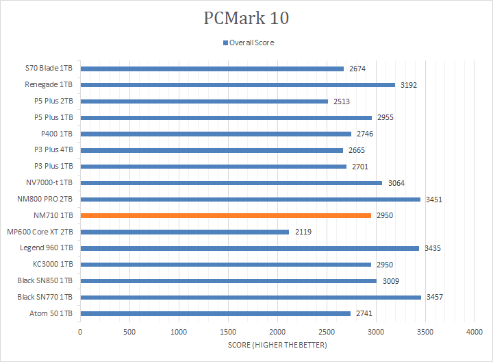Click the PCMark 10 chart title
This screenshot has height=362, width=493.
click(246, 18)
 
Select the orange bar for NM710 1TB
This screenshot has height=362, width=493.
click(226, 215)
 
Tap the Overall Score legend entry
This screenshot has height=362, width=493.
click(248, 43)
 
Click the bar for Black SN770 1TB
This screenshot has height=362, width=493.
click(251, 297)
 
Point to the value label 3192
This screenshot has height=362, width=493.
click(409, 85)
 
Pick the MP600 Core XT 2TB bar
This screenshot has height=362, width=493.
click(185, 232)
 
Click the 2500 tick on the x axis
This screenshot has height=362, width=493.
click(327, 331)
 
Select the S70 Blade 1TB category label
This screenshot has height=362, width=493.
click(50, 69)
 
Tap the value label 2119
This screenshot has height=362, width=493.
click(303, 232)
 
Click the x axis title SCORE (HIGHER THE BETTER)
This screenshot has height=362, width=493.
click(277, 344)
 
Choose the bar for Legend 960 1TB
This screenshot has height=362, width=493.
click(250, 248)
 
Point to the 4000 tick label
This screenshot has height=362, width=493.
click(475, 331)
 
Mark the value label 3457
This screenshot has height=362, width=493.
click(435, 297)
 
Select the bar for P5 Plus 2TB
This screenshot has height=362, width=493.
click(204, 101)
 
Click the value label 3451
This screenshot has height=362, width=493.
click(435, 200)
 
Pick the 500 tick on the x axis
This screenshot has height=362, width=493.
click(129, 331)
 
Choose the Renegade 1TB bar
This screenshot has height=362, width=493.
click(238, 85)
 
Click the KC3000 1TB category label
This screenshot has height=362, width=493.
click(53, 265)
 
